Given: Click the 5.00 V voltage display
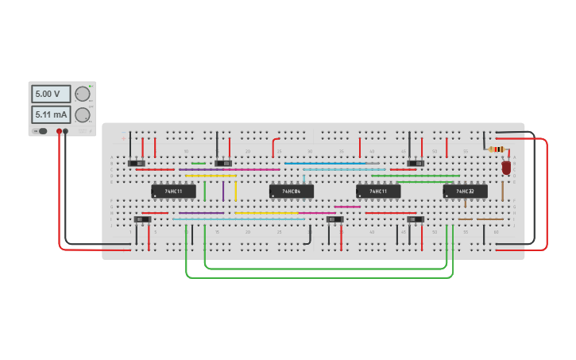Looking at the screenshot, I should [x=50, y=94].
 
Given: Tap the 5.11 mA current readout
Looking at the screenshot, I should [x=50, y=114].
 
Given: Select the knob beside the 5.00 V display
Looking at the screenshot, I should [x=82, y=94].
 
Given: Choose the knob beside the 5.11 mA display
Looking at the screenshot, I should [x=82, y=114].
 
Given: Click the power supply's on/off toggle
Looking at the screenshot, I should [x=40, y=131].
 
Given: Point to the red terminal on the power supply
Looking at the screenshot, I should [x=59, y=131].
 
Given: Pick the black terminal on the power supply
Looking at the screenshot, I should [x=66, y=131].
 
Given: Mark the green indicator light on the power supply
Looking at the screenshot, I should [x=91, y=85].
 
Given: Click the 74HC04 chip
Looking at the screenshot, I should [x=291, y=191].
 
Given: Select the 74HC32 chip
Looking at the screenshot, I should [x=466, y=191].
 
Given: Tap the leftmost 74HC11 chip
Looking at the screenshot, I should [x=173, y=191].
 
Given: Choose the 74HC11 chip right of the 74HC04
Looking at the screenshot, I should [x=378, y=191].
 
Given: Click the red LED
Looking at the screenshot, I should [x=506, y=168].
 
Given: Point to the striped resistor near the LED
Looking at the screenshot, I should [x=497, y=149].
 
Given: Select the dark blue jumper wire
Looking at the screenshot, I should [x=326, y=164].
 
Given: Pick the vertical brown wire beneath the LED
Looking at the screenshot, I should [x=502, y=191].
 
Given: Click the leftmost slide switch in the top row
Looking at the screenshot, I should [x=136, y=164].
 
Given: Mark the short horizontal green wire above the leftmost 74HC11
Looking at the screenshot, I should [x=198, y=164].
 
